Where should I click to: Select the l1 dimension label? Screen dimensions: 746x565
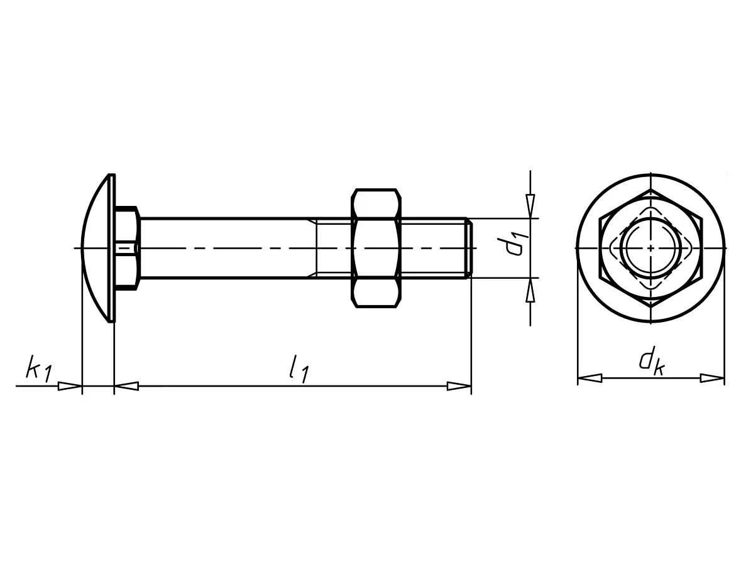299,367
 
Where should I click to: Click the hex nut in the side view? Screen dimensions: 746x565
376,248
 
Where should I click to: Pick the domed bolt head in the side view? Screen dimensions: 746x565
98,248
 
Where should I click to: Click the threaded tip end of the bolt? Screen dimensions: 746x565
469,248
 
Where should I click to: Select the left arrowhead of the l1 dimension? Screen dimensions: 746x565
126,386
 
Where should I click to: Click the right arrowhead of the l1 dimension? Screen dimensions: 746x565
459,386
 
